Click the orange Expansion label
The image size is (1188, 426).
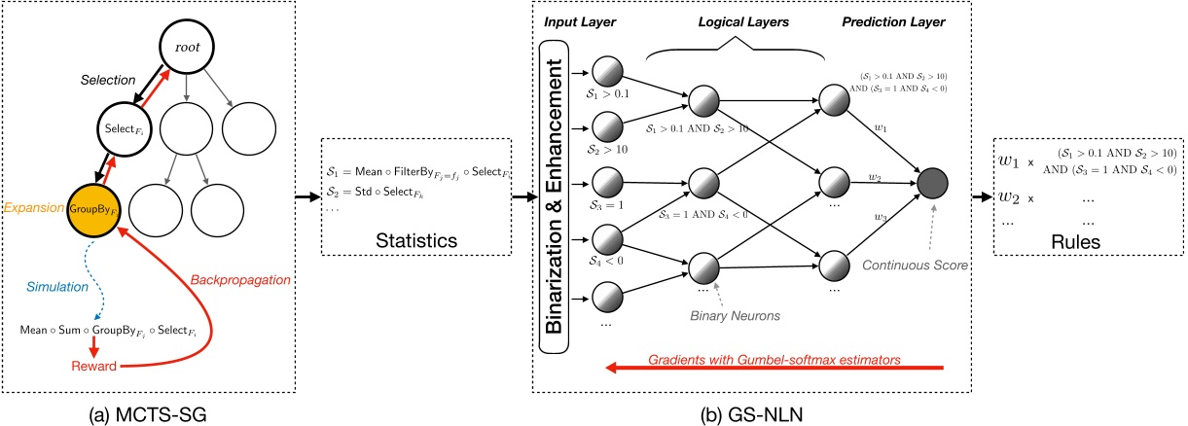tap(31, 207)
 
